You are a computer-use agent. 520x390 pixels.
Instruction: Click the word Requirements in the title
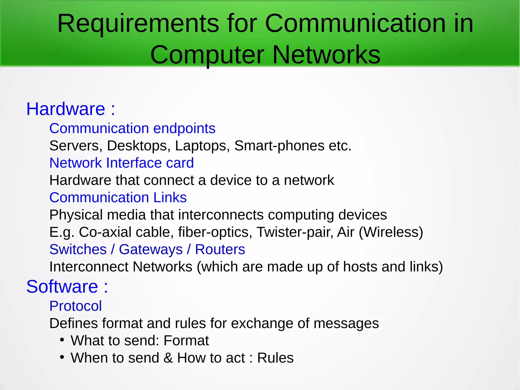click(x=138, y=24)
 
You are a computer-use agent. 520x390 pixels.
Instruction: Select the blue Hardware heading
click(x=66, y=109)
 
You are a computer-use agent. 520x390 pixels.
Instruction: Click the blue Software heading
click(x=62, y=287)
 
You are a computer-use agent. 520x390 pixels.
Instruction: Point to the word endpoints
click(x=184, y=128)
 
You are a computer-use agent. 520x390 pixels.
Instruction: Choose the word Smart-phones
click(x=279, y=146)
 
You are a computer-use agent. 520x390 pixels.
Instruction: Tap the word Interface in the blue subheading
click(x=134, y=163)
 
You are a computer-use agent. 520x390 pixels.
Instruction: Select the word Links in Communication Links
click(x=170, y=198)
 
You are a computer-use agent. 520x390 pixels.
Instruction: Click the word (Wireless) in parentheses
click(x=391, y=232)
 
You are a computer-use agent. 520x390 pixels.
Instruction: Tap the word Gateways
click(x=151, y=249)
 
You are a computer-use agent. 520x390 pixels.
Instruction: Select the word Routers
click(x=220, y=249)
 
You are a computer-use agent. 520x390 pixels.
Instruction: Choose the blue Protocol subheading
click(x=75, y=306)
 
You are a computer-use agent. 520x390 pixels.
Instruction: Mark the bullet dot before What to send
click(x=62, y=340)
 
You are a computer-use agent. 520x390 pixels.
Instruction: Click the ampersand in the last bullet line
click(x=168, y=358)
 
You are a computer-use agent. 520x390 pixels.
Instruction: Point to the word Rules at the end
click(x=275, y=358)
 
